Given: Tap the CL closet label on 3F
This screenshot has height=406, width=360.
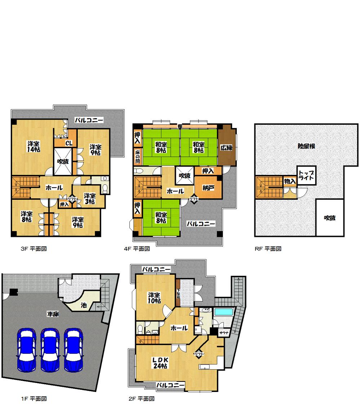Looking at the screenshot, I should click(x=69, y=143).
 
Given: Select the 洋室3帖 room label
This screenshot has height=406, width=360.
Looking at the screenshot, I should click(x=90, y=199).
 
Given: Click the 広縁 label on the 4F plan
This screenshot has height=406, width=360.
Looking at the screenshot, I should click(x=226, y=147).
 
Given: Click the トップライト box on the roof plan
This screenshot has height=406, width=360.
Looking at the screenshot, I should click(x=307, y=175).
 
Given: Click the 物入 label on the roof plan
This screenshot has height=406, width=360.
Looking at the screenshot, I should click(x=290, y=181).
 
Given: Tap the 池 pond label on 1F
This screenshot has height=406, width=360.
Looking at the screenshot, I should click(x=83, y=305).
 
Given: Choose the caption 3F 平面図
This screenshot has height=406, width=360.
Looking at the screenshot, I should click(x=34, y=249).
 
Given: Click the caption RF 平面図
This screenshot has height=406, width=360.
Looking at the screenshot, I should click(x=268, y=249).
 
